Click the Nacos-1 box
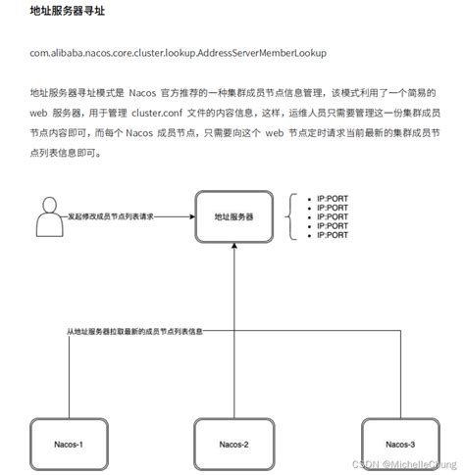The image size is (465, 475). (68, 444)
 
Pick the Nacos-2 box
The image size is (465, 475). (232, 444)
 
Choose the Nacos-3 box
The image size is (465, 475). (398, 444)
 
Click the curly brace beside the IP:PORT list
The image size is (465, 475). (291, 216)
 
